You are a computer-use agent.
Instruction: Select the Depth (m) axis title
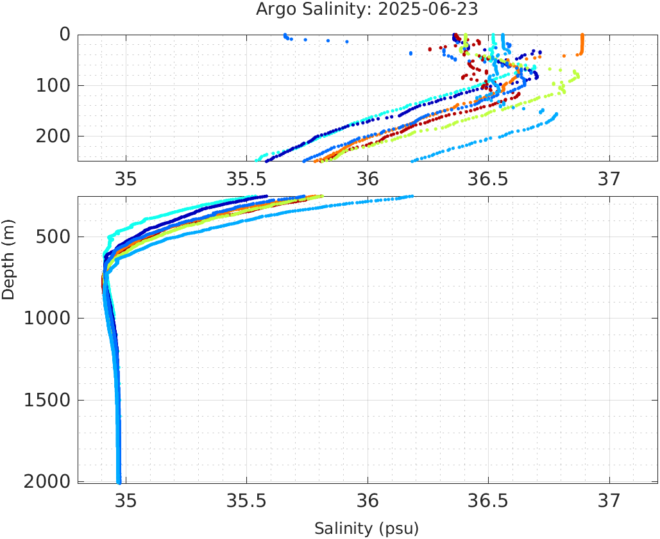click(8, 259)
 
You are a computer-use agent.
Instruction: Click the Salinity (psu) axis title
click(366, 529)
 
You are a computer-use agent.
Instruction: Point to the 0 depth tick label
click(65, 35)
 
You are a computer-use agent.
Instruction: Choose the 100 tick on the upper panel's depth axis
click(55, 85)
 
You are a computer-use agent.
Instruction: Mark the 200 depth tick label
click(55, 136)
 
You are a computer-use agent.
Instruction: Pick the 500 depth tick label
click(55, 237)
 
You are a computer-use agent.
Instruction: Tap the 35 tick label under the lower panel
click(126, 499)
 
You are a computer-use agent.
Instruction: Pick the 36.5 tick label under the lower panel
click(488, 499)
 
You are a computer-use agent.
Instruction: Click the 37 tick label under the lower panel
click(609, 499)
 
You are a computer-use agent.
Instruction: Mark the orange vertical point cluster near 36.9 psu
click(582, 45)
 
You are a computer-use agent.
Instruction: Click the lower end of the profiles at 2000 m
click(119, 481)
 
